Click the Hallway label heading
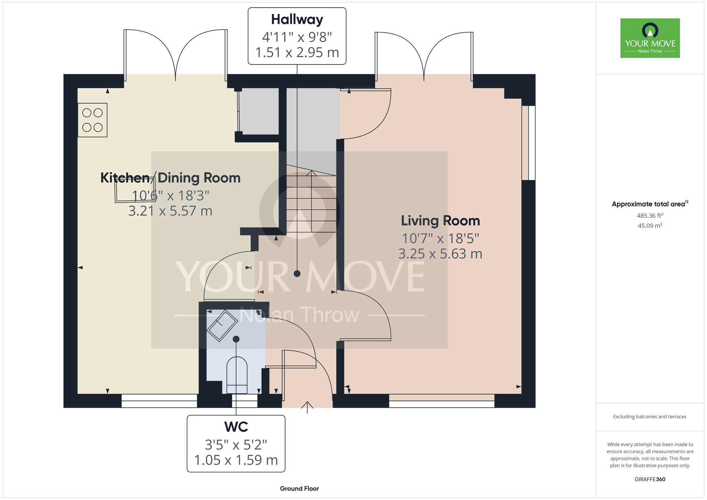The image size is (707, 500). [297, 20]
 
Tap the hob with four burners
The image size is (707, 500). [93, 120]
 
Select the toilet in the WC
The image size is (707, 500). [236, 375]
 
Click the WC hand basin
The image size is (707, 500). [222, 325]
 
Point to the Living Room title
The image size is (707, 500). [440, 221]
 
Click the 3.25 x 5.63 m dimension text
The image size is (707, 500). [440, 254]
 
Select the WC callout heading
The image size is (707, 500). [236, 427]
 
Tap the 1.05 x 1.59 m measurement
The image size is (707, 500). [236, 460]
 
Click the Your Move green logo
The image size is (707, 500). [650, 38]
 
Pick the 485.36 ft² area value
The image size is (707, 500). [650, 215]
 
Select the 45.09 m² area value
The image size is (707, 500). [650, 226]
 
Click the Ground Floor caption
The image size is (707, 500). [299, 489]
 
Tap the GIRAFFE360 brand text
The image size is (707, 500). [650, 479]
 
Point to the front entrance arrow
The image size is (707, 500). [308, 407]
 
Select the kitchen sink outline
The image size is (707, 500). [134, 191]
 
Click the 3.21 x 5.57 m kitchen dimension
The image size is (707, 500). [170, 211]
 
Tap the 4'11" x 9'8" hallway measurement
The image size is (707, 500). [297, 37]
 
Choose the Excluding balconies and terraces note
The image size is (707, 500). [650, 417]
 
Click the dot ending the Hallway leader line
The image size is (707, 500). [297, 274]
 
